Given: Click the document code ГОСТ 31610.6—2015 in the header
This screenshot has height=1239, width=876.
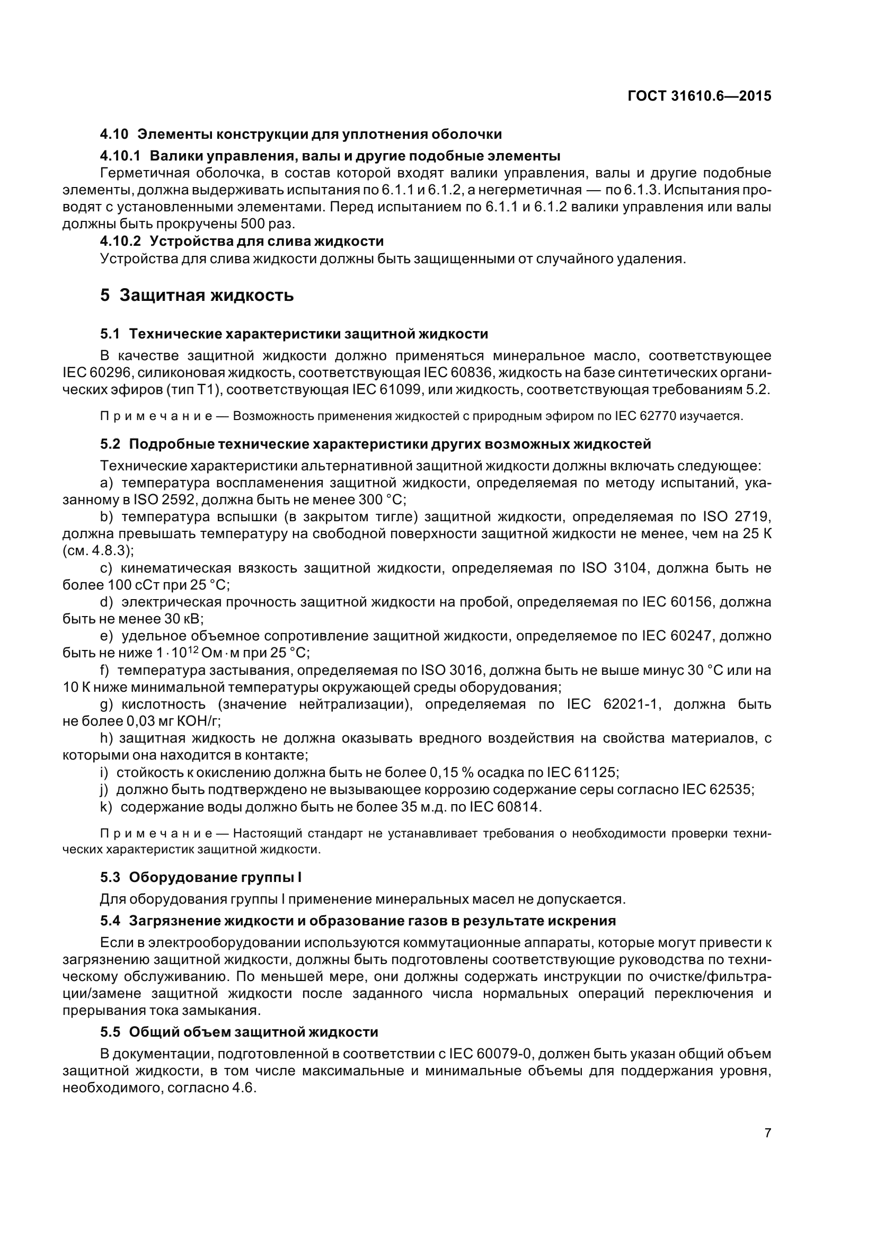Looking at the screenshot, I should (x=699, y=96).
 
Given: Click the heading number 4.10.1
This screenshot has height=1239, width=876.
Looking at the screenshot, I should (x=120, y=156).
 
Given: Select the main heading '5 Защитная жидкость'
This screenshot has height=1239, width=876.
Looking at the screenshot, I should (x=197, y=295).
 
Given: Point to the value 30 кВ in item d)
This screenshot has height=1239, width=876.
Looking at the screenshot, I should (x=182, y=619).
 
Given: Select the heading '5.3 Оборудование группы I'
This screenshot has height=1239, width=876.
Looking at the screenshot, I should (x=201, y=877).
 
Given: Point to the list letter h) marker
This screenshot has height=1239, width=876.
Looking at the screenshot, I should (x=108, y=738).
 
